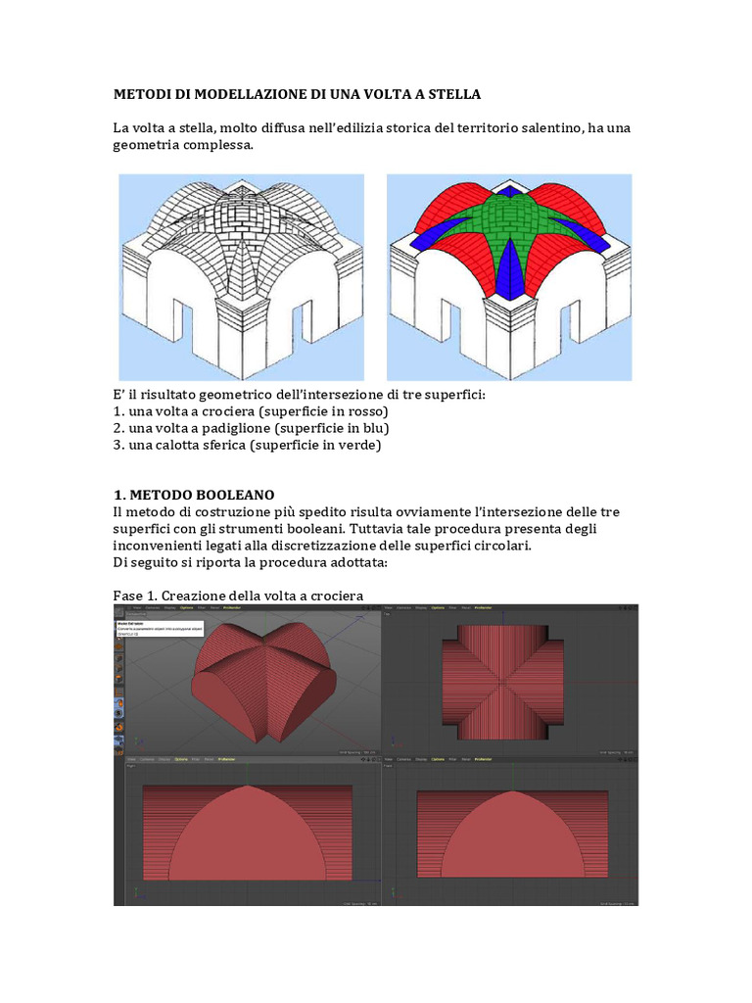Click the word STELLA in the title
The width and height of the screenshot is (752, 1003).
(448, 94)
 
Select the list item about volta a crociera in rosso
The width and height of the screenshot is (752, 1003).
(251, 410)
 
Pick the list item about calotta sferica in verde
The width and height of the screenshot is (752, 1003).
(246, 445)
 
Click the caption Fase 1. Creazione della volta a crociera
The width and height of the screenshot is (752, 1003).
(238, 596)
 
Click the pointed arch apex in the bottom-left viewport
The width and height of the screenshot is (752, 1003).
(248, 786)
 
